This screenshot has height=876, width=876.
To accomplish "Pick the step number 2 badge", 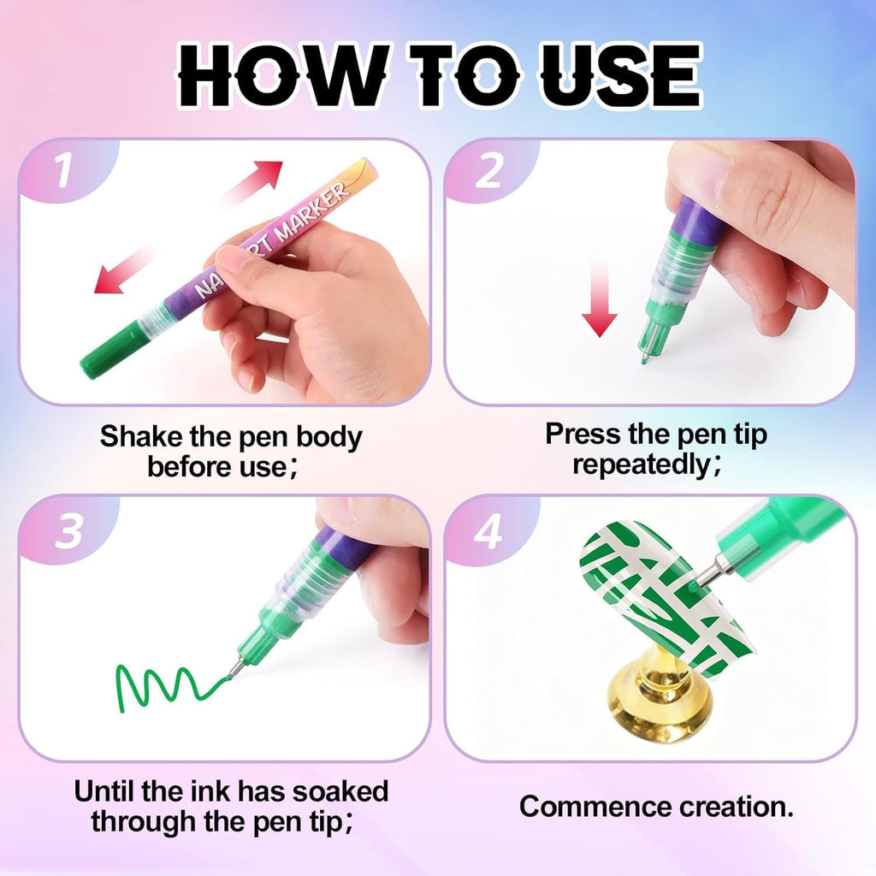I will tap(488, 172).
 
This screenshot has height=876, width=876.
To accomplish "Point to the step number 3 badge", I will tap(68, 531).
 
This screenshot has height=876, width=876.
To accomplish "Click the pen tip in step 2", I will tap(645, 355).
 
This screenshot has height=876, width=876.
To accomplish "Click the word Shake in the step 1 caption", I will tap(141, 436).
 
